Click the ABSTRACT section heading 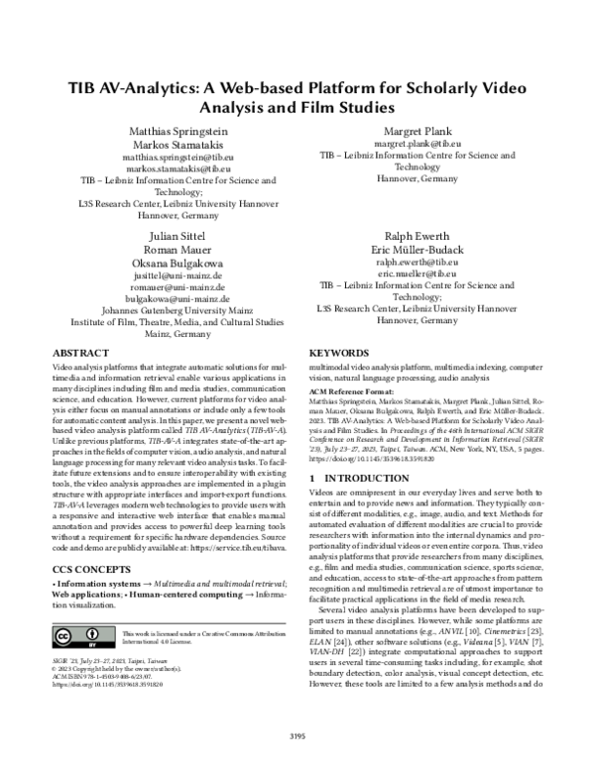pyautogui.click(x=80, y=353)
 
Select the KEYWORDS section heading pyautogui.click(x=340, y=353)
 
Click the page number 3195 pyautogui.click(x=297, y=734)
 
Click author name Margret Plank pyautogui.click(x=416, y=132)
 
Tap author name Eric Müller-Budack pyautogui.click(x=416, y=250)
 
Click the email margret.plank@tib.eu pyautogui.click(x=416, y=145)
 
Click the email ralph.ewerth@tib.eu pyautogui.click(x=416, y=263)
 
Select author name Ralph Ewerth pyautogui.click(x=416, y=237)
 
